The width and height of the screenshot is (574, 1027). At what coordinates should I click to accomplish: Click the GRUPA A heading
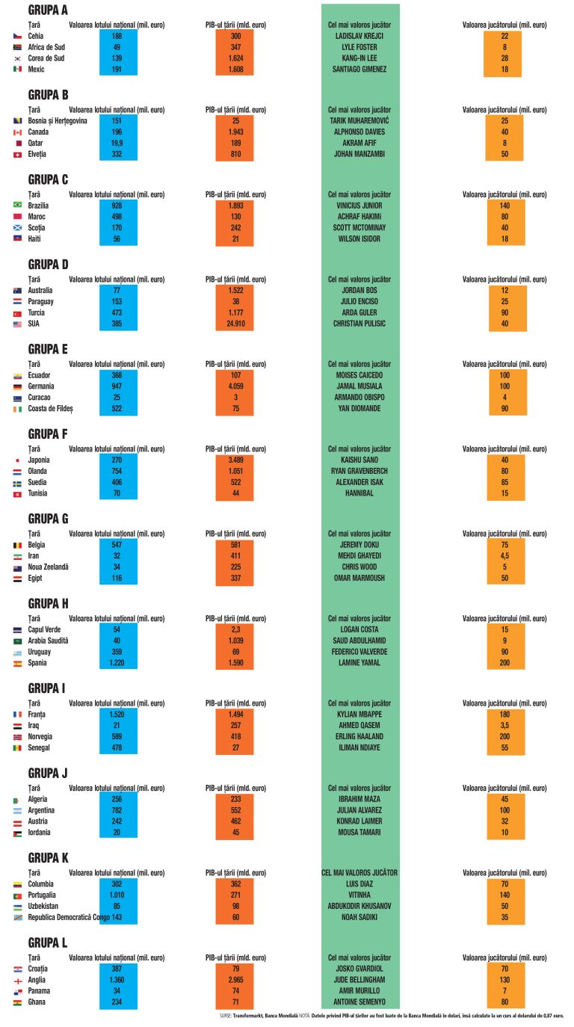(48, 10)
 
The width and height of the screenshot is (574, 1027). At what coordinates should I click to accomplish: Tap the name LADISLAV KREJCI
(359, 36)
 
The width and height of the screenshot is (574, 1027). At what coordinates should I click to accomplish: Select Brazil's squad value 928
(117, 206)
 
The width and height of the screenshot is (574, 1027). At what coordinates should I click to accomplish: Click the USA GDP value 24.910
(235, 324)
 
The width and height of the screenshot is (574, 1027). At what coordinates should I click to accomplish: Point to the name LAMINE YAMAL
(359, 663)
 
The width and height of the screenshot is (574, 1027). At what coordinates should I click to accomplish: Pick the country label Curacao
(39, 398)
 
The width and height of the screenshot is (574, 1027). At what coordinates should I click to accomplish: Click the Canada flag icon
(17, 132)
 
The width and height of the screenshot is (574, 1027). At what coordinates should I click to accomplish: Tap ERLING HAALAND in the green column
(359, 737)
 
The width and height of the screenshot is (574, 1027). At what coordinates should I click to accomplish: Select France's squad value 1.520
(117, 715)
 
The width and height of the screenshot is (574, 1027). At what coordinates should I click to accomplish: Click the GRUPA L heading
(48, 943)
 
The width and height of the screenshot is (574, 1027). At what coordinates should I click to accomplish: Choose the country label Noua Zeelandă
(48, 567)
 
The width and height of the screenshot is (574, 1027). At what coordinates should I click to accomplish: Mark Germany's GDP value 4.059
(235, 386)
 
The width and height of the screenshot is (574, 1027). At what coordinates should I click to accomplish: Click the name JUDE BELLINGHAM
(359, 980)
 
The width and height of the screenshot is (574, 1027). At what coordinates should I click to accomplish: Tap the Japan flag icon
(17, 460)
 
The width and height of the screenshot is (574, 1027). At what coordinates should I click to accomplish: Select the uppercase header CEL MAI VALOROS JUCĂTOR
(359, 873)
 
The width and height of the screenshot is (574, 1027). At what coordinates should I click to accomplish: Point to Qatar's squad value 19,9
(117, 143)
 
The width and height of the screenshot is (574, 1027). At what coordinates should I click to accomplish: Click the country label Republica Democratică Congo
(69, 917)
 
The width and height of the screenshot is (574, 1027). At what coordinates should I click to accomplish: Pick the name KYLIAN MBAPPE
(359, 715)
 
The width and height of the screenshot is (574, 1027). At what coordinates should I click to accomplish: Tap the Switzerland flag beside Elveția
(17, 155)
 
